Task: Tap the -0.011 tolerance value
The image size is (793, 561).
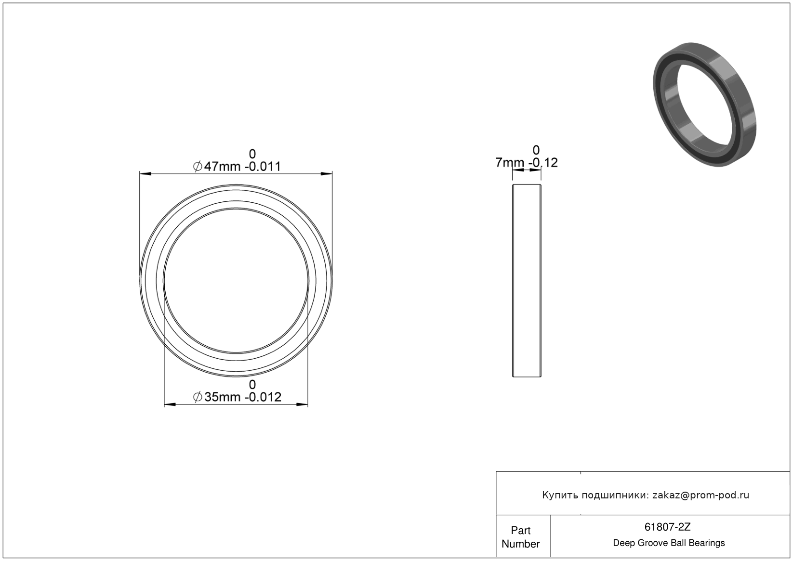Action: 263,166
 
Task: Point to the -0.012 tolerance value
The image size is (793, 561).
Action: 263,397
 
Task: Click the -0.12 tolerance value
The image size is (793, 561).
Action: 543,162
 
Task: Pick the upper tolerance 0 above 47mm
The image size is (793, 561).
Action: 252,154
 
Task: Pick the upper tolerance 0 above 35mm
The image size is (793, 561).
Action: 252,385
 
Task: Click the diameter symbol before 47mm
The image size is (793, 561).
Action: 198,166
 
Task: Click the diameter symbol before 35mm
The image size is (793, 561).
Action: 198,397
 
